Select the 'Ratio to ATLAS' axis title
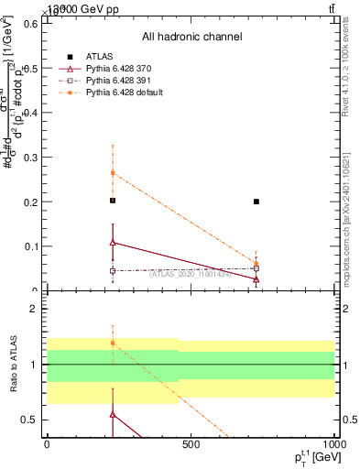(x=12, y=365)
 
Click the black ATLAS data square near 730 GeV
(x=256, y=202)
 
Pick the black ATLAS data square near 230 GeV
(x=113, y=201)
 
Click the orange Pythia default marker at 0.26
(x=113, y=172)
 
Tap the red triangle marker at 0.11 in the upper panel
(x=113, y=242)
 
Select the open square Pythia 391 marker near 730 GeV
(x=256, y=268)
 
